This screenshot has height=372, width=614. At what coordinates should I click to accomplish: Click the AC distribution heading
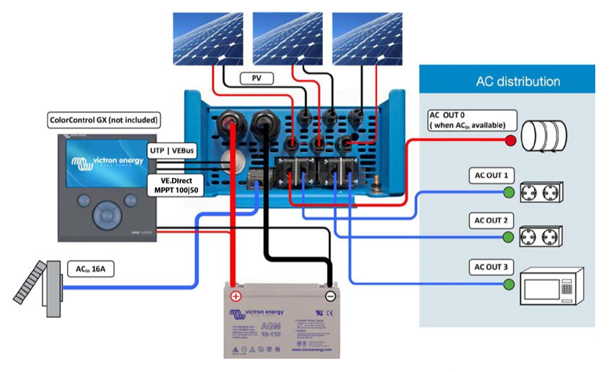[517, 81]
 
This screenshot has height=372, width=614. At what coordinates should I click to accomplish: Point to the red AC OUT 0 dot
[511, 140]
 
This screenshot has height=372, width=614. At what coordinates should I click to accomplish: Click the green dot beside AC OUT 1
[509, 192]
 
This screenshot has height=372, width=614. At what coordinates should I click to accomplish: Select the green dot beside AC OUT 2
[509, 237]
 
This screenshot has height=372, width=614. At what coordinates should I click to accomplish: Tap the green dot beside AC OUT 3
[509, 285]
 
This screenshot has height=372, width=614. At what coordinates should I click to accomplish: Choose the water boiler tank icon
[545, 136]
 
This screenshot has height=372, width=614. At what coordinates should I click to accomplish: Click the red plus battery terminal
[235, 296]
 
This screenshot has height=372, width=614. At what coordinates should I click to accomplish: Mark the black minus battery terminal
[330, 296]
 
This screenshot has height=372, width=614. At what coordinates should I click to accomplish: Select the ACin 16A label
[91, 270]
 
